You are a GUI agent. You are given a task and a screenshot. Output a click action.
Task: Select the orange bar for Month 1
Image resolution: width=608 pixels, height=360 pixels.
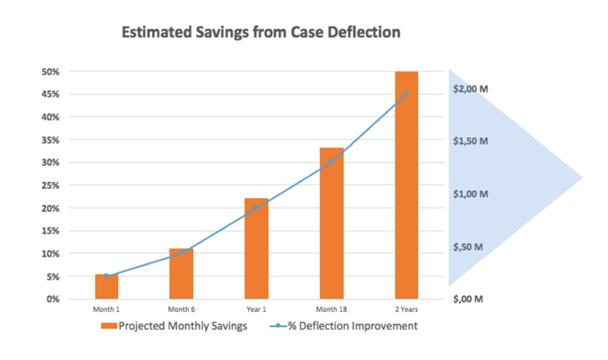click(106, 287)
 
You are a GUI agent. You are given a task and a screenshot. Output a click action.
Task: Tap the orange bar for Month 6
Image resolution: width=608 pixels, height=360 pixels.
click(181, 274)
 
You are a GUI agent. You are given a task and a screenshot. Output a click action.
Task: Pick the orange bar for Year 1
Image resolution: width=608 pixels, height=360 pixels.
click(256, 249)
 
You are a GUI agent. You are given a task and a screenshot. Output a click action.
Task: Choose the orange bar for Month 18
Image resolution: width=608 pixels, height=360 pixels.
click(331, 223)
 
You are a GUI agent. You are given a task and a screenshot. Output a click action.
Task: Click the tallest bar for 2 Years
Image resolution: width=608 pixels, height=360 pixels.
click(406, 185)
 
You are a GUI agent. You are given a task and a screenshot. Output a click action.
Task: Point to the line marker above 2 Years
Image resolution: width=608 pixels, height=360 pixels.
click(406, 94)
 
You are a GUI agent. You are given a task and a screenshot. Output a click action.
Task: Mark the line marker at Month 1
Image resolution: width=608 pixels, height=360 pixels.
click(106, 276)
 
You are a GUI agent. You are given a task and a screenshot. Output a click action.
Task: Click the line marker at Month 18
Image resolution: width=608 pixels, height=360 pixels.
click(331, 162)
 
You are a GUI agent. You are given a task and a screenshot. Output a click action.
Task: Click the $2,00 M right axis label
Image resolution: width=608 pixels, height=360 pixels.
click(471, 89)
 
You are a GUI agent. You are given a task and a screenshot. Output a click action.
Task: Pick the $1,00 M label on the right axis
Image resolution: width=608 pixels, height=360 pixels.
click(471, 194)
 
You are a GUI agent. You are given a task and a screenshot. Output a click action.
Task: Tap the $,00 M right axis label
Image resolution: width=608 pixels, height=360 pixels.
click(469, 299)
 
